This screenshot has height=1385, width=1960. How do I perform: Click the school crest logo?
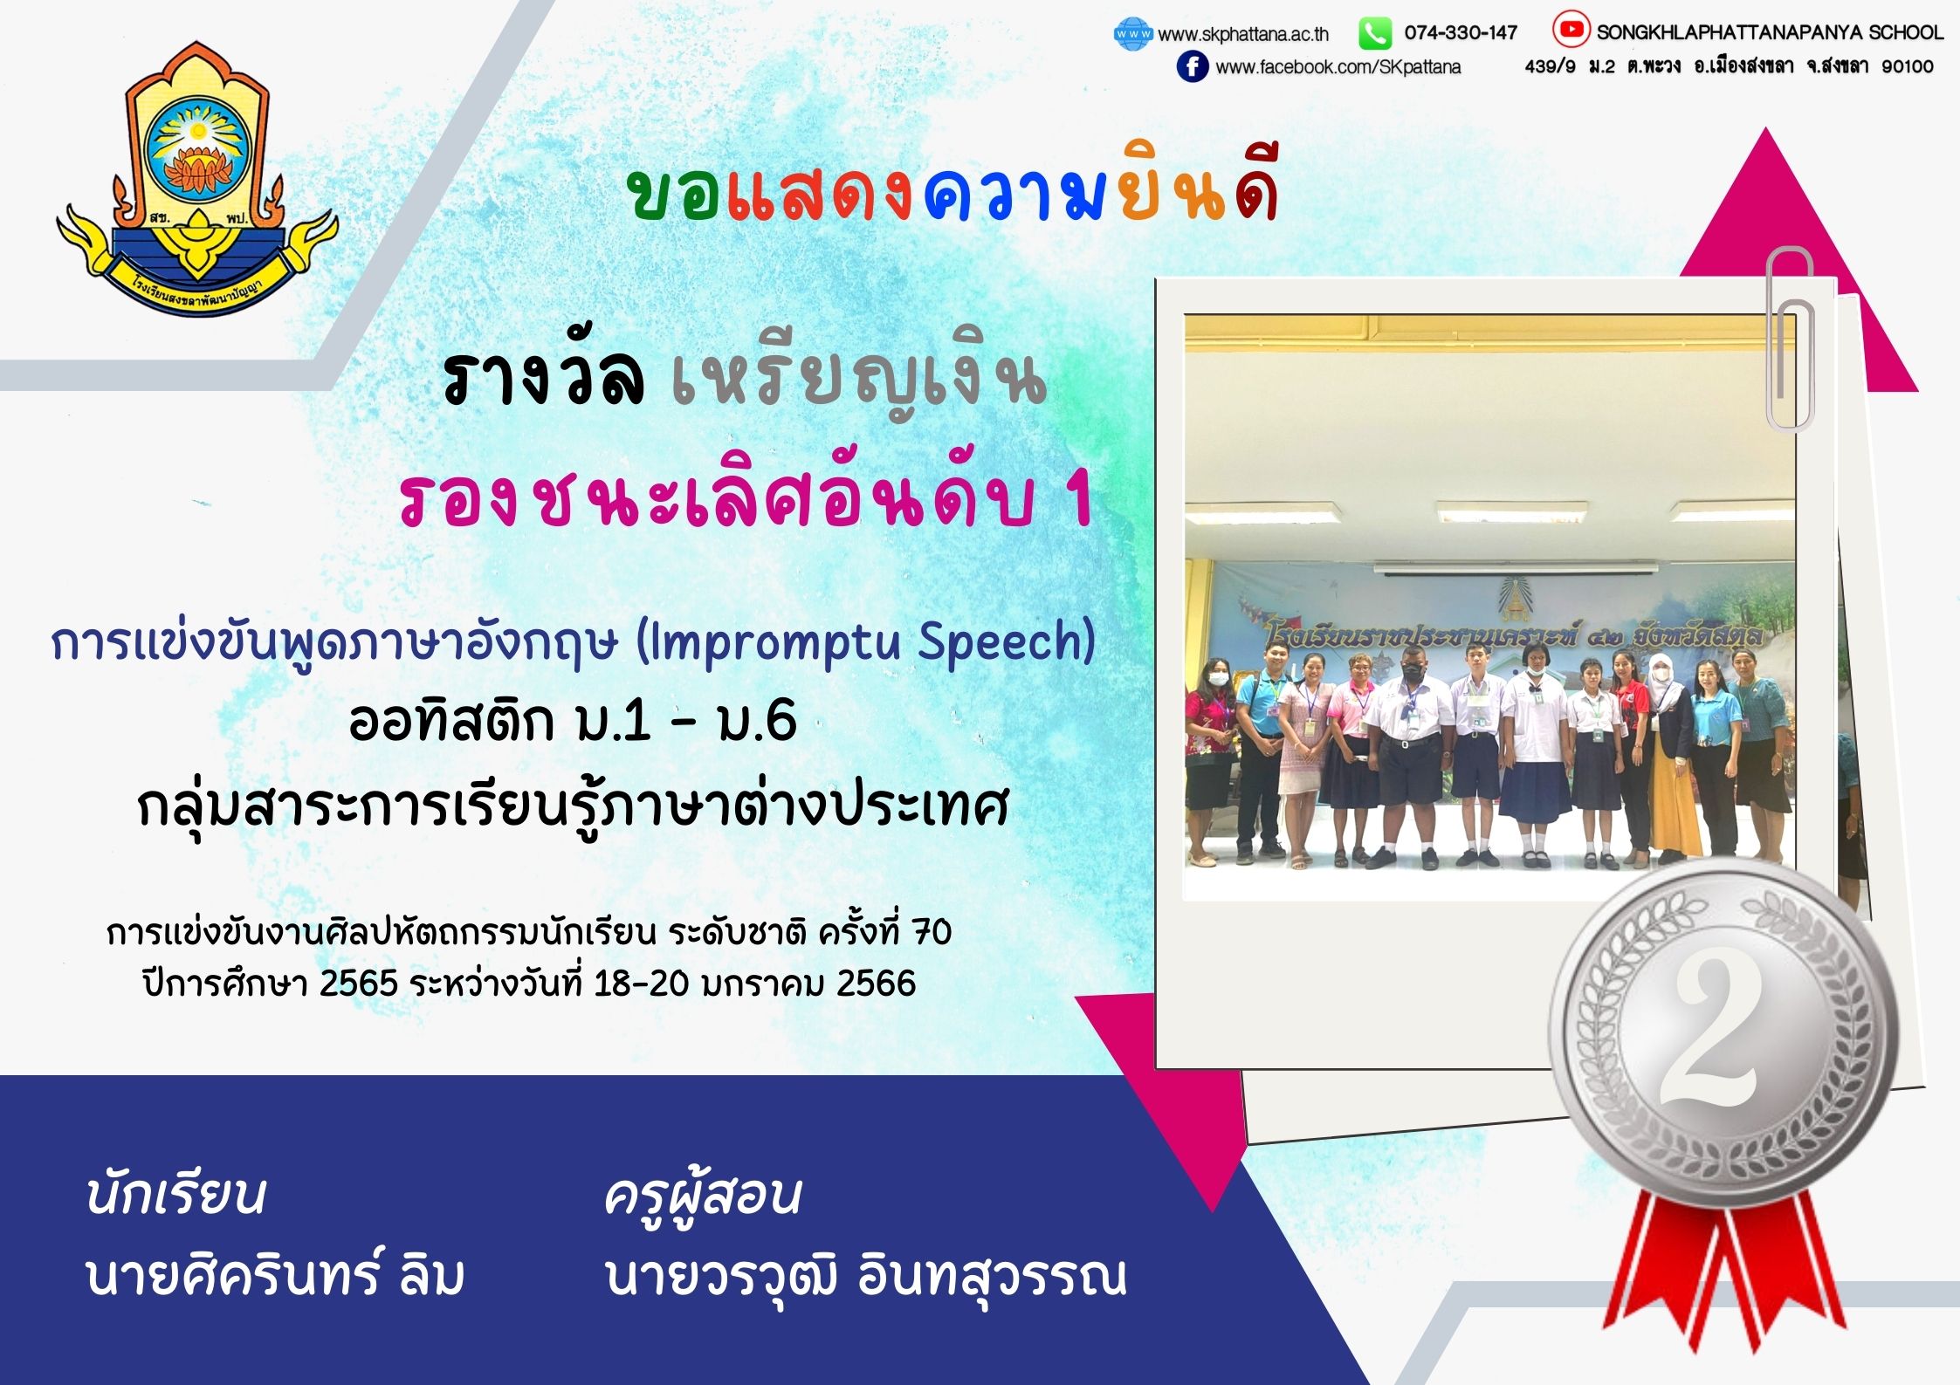point(197,179)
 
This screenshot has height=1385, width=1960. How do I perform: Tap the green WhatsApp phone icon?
point(1374,33)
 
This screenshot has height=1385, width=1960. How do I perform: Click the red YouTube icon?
point(1571,30)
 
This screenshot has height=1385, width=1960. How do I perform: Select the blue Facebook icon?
point(1193,66)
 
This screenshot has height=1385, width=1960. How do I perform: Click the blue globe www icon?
point(1133,33)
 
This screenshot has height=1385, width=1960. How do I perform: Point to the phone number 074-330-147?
point(1461,33)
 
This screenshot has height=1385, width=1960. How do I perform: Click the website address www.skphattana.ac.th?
point(1243,34)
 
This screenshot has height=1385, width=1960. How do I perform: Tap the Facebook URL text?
point(1338,67)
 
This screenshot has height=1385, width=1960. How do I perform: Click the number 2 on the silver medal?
point(1709,1032)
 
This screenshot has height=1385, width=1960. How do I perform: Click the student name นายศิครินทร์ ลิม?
point(275,1276)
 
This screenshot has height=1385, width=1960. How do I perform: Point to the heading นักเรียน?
point(175,1194)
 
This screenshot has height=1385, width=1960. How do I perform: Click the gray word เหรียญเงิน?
point(859,384)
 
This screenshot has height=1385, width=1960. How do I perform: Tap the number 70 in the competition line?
point(932,933)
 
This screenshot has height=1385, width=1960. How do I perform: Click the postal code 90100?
point(1908,66)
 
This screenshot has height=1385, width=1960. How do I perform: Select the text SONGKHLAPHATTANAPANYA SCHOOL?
point(1771,32)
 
